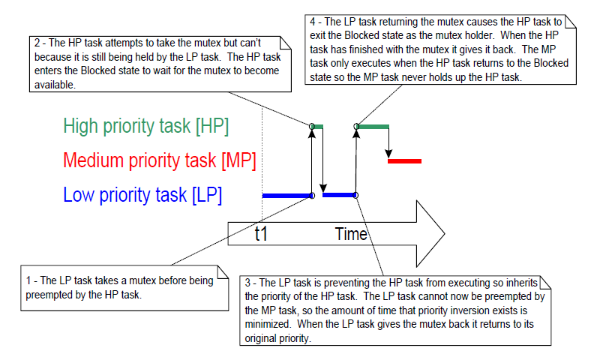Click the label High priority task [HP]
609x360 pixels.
click(146, 126)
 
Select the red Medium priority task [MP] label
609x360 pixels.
click(160, 160)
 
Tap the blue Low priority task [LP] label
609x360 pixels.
click(142, 196)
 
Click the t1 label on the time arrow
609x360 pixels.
click(261, 234)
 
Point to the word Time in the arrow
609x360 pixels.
click(351, 234)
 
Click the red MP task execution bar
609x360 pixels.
click(404, 160)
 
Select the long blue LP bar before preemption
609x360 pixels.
click(286, 196)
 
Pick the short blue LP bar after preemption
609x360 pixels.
click(339, 195)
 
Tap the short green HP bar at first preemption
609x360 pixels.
click(317, 126)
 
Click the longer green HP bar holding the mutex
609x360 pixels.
click(373, 126)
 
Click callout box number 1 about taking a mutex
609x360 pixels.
click(124, 287)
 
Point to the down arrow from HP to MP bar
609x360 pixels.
click(388, 142)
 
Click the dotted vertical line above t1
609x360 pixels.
click(261, 150)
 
